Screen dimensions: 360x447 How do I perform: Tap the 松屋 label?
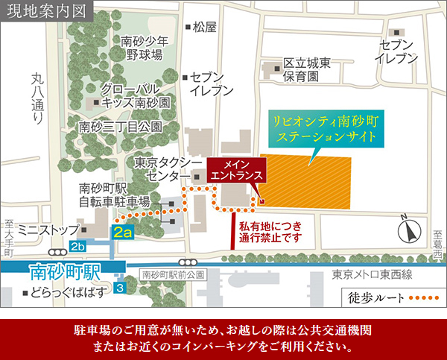pyautogui.click(x=203, y=28)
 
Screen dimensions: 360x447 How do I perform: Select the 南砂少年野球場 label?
pyautogui.click(x=146, y=48)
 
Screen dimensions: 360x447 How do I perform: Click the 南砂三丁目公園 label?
pyautogui.click(x=119, y=127)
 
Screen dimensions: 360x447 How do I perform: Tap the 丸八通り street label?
pyautogui.click(x=39, y=97)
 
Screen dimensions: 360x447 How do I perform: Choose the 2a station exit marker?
pyautogui.click(x=123, y=233)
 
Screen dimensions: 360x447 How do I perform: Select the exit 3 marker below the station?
pyautogui.click(x=121, y=287)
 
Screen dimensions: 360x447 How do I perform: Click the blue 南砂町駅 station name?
pyautogui.click(x=57, y=269)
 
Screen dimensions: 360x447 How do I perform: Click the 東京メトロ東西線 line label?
pyautogui.click(x=370, y=274)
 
